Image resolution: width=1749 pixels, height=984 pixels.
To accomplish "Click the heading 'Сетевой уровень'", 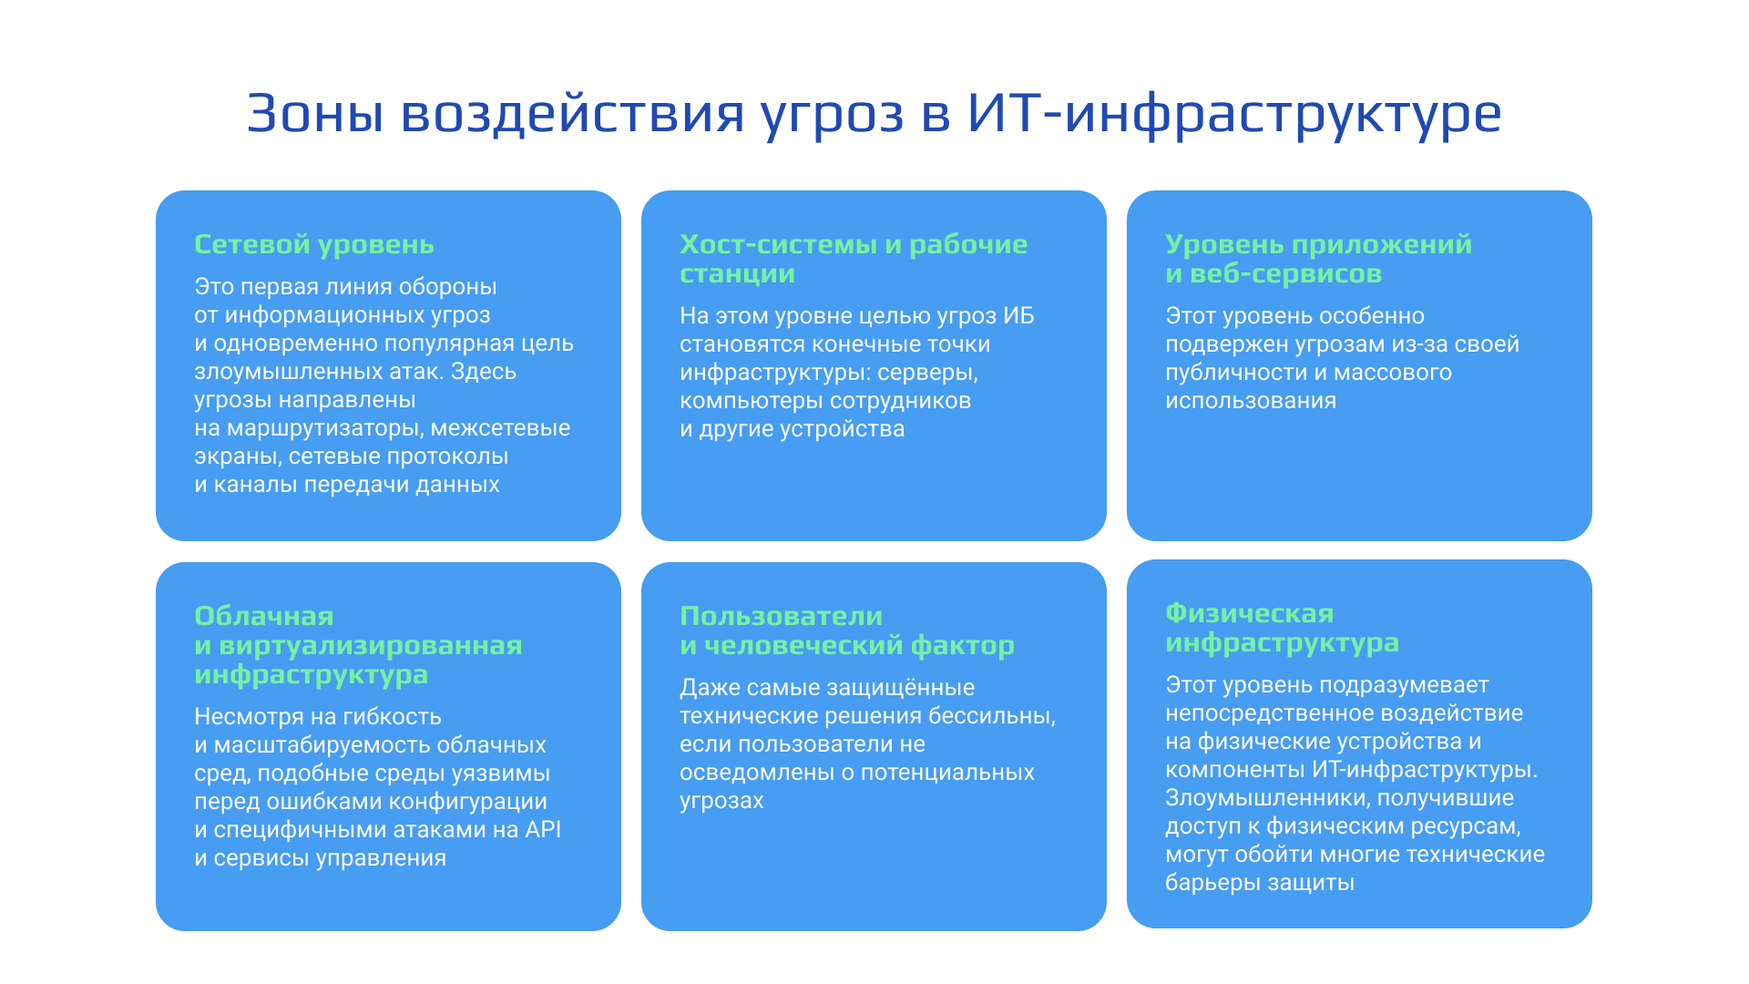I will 313,244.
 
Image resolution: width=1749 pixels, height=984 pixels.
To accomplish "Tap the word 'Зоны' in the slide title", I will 314,114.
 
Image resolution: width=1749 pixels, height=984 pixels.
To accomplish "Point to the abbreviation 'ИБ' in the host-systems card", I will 1018,316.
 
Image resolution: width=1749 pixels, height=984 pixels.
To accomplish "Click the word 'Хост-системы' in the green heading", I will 778,244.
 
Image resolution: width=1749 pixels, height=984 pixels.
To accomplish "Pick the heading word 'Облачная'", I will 263,616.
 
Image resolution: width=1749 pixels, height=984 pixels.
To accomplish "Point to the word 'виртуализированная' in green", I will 370,645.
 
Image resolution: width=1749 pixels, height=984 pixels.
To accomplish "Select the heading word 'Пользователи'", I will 781,616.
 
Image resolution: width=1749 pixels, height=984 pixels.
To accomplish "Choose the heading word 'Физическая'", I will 1249,613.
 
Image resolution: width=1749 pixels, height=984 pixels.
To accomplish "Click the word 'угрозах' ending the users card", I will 721,801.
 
